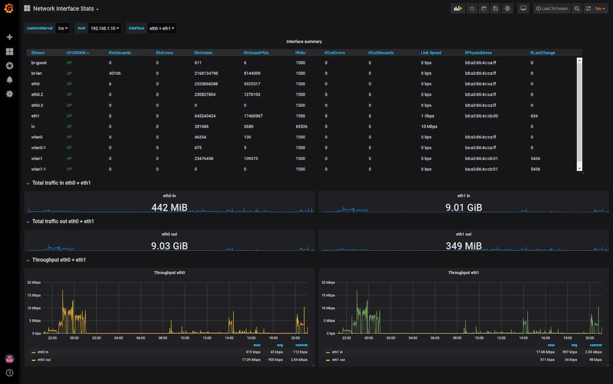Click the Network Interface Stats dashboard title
pos(63,9)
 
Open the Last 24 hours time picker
pos(551,9)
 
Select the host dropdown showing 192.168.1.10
pos(105,29)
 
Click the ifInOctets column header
pos(203,53)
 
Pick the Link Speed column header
pos(431,53)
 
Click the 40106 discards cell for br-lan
pos(115,73)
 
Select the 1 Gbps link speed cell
pos(428,116)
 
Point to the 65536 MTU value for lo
pos(301,126)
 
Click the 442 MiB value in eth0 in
pos(169,208)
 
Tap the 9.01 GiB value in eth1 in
pos(463,208)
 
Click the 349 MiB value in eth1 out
pos(463,246)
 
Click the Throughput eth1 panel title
pos(463,273)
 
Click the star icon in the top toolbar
pos(471,9)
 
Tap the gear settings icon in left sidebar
pos(9,94)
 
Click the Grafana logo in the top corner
pos(9,9)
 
